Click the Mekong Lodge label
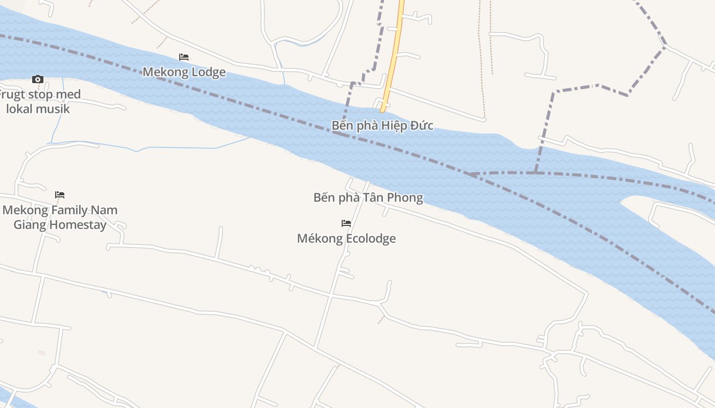[x=184, y=72]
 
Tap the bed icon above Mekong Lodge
[x=184, y=57]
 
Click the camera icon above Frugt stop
[x=37, y=79]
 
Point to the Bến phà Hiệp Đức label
[x=383, y=125]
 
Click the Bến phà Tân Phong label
[x=368, y=197]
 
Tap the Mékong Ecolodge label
[x=346, y=238]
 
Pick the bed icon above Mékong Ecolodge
[x=346, y=223]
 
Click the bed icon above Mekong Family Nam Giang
[x=60, y=195]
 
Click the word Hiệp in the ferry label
[x=395, y=125]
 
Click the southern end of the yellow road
[x=382, y=109]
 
